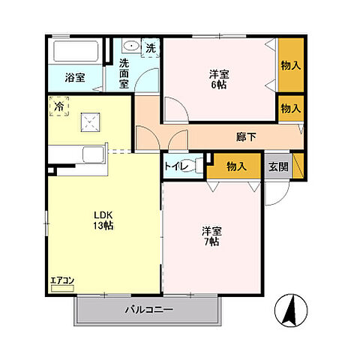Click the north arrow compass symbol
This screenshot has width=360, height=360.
[291, 308]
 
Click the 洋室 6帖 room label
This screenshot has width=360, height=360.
[218, 79]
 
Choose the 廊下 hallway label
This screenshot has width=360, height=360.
[246, 137]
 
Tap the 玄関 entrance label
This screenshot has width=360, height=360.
[277, 166]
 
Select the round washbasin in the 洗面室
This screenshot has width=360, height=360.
[130, 46]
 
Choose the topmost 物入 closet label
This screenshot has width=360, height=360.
[290, 64]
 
